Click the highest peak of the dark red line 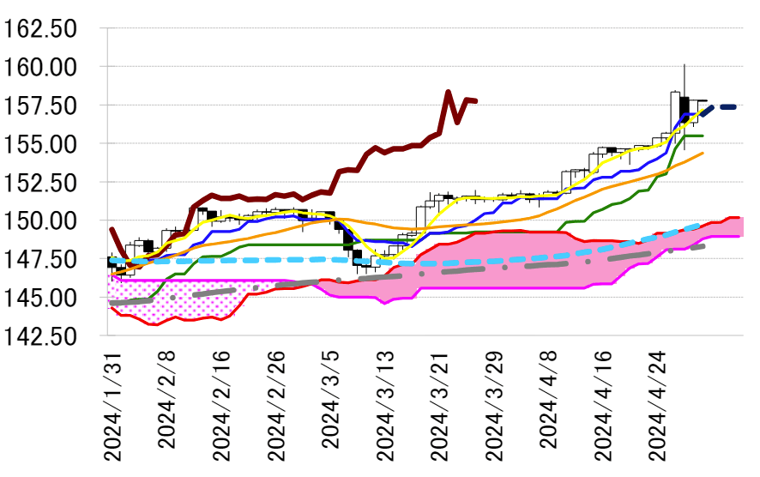[449, 91]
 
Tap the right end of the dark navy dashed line [738, 106]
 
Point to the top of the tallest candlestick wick [684, 64]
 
